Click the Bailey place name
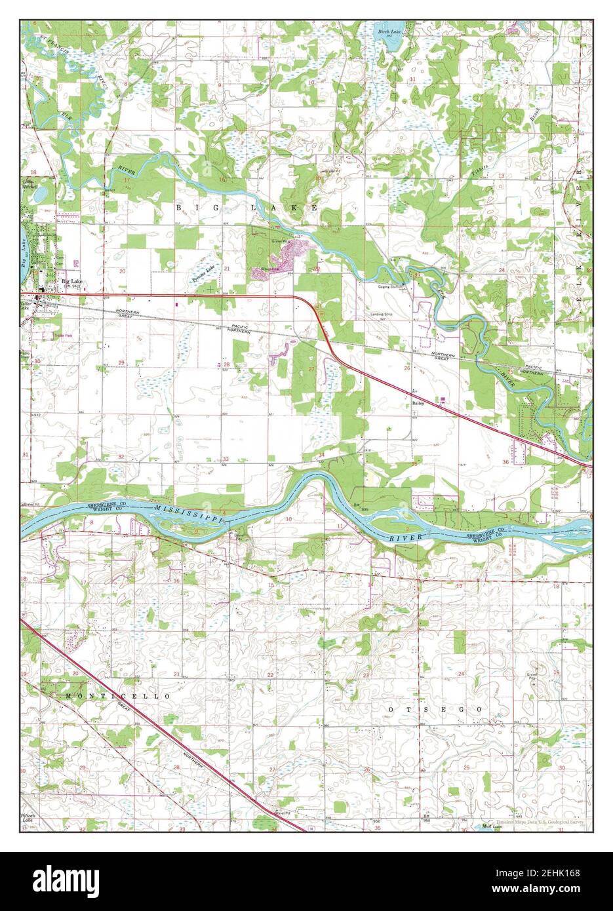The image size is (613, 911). (x=418, y=404)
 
